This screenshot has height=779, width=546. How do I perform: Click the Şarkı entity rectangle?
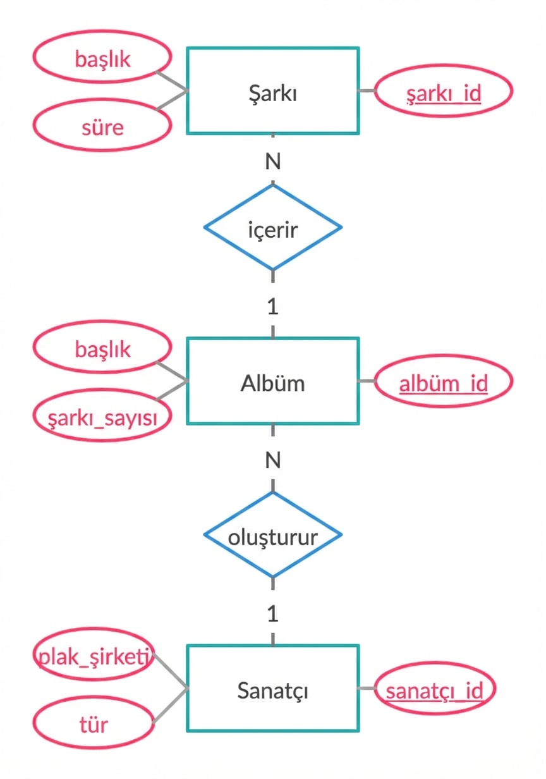[272, 90]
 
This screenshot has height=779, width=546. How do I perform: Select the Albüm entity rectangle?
[272, 381]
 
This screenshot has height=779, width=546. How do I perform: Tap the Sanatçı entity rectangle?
[272, 689]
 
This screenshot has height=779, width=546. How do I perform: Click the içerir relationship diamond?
[272, 227]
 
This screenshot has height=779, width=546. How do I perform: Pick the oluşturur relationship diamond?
[272, 535]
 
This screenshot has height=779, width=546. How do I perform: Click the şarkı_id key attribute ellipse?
[443, 92]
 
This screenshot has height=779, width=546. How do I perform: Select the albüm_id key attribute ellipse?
[443, 382]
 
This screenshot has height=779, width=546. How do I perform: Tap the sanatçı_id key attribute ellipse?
[435, 689]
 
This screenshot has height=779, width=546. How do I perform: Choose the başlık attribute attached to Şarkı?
[102, 59]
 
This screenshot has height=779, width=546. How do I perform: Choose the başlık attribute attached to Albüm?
[102, 348]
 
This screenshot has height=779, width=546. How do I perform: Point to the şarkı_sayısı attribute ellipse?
[102, 416]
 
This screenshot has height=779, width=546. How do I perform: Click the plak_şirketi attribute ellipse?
[94, 658]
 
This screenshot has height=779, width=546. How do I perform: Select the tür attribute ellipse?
[94, 724]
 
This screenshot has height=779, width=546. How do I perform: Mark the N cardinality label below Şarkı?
[272, 162]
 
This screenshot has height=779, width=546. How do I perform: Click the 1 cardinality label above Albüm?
[272, 307]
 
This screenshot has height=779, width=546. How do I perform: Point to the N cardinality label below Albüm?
[272, 460]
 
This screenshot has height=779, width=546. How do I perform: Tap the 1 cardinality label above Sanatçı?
[272, 614]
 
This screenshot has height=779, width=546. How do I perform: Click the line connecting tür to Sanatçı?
[169, 706]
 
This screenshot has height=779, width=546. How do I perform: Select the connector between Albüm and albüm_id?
[367, 381]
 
